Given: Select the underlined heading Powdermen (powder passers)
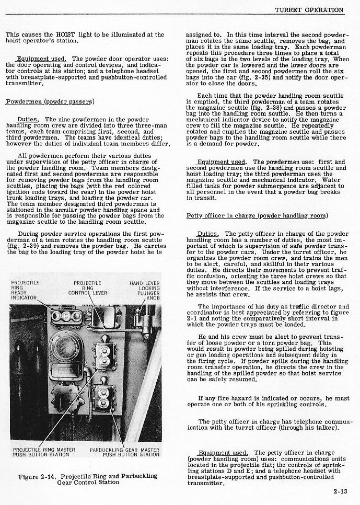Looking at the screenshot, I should [x=50, y=101].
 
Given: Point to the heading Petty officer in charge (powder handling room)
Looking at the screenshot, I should [x=257, y=216].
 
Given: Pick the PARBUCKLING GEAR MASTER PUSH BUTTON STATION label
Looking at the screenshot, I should [x=124, y=452].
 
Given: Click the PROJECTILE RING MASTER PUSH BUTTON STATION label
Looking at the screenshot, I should [x=44, y=452].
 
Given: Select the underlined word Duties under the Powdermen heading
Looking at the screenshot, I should [x=27, y=119].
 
